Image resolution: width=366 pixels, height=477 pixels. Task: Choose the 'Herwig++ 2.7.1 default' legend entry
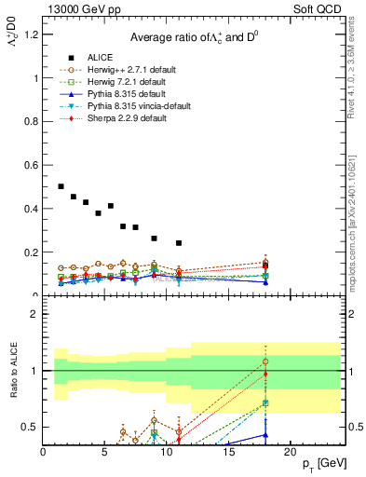pyautogui.click(x=130, y=70)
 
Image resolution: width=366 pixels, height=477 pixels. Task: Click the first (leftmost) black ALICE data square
pyautogui.click(x=61, y=186)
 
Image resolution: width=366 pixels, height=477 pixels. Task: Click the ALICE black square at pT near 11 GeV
pyautogui.click(x=179, y=243)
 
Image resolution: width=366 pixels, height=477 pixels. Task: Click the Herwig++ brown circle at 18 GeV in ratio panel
pyautogui.click(x=265, y=361)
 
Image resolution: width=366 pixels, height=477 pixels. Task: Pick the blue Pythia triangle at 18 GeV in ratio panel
pyautogui.click(x=265, y=434)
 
